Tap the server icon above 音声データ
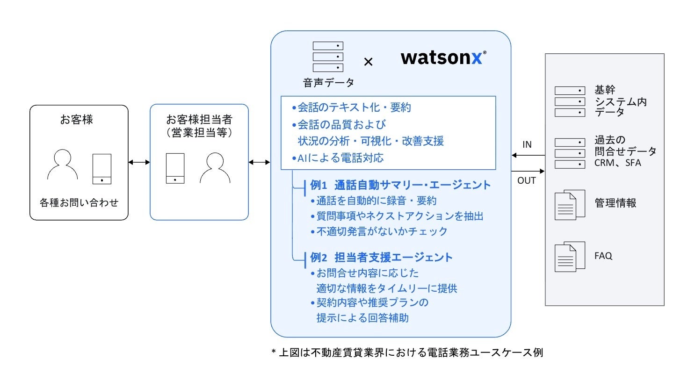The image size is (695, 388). [328, 57]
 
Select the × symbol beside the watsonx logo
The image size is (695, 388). [368, 62]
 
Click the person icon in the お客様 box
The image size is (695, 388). [62, 165]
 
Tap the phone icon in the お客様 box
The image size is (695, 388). [101, 169]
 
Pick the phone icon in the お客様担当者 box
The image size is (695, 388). [175, 168]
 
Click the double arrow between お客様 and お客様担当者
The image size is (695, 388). [139, 162]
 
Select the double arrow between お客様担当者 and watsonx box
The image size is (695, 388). [259, 162]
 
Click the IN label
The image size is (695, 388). [527, 144]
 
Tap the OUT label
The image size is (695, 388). [527, 180]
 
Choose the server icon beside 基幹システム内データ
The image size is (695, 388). [570, 101]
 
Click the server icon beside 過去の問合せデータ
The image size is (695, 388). [570, 153]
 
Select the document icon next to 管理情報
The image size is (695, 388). [569, 204]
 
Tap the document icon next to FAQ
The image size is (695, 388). [569, 256]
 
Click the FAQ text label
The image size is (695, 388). [603, 256]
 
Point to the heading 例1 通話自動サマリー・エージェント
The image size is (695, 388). [400, 185]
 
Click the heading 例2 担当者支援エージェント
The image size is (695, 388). [381, 258]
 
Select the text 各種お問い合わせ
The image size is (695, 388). [79, 203]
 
